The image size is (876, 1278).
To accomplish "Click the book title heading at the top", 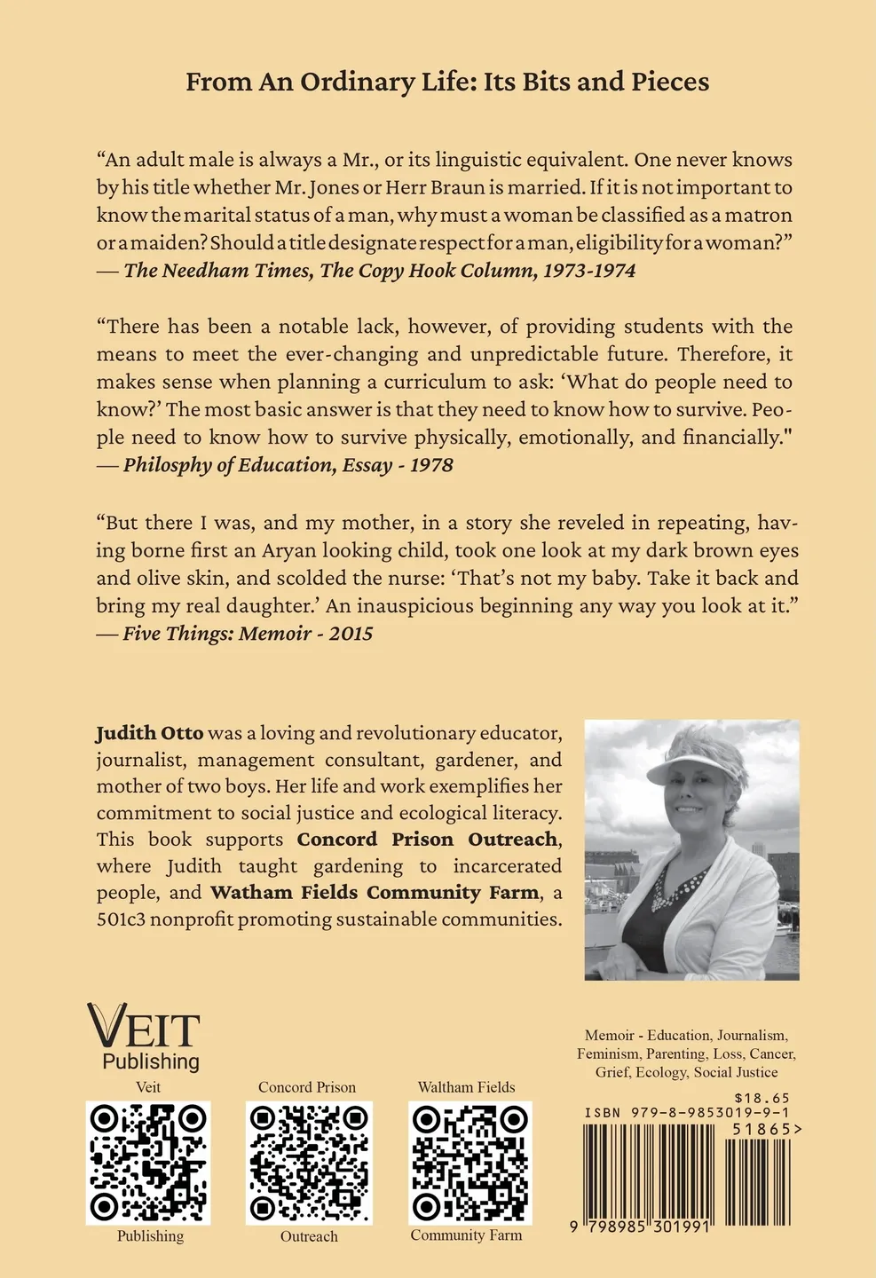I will click(447, 83).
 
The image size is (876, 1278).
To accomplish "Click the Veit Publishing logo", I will click(144, 1037).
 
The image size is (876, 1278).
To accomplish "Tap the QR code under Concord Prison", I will click(309, 1163).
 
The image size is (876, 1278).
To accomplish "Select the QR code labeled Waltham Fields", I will click(470, 1163).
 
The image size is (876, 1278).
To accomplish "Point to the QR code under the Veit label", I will click(148, 1163).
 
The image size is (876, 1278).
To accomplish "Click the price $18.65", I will click(762, 1098).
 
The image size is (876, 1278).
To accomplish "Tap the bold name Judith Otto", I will click(149, 733).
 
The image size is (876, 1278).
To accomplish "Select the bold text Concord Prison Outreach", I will click(427, 840).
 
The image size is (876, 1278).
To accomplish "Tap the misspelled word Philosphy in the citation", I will click(167, 465).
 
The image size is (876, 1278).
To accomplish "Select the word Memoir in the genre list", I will click(609, 1035).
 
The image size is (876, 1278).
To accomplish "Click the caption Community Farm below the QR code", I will click(466, 1235).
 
